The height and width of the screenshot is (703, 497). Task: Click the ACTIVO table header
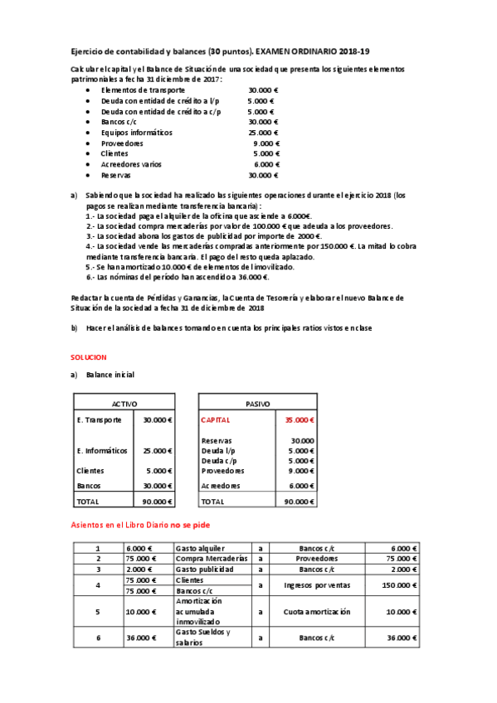(124, 403)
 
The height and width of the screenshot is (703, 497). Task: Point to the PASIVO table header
(257, 403)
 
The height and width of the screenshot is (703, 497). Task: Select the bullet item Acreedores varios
(131, 164)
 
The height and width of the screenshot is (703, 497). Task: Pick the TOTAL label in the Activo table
(87, 502)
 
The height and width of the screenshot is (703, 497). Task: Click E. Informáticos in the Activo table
(102, 451)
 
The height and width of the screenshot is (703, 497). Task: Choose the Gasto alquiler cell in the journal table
(201, 548)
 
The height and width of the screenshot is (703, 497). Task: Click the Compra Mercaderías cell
(211, 559)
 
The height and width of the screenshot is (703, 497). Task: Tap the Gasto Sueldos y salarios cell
(204, 637)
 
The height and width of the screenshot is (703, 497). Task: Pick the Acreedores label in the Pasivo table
(222, 486)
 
